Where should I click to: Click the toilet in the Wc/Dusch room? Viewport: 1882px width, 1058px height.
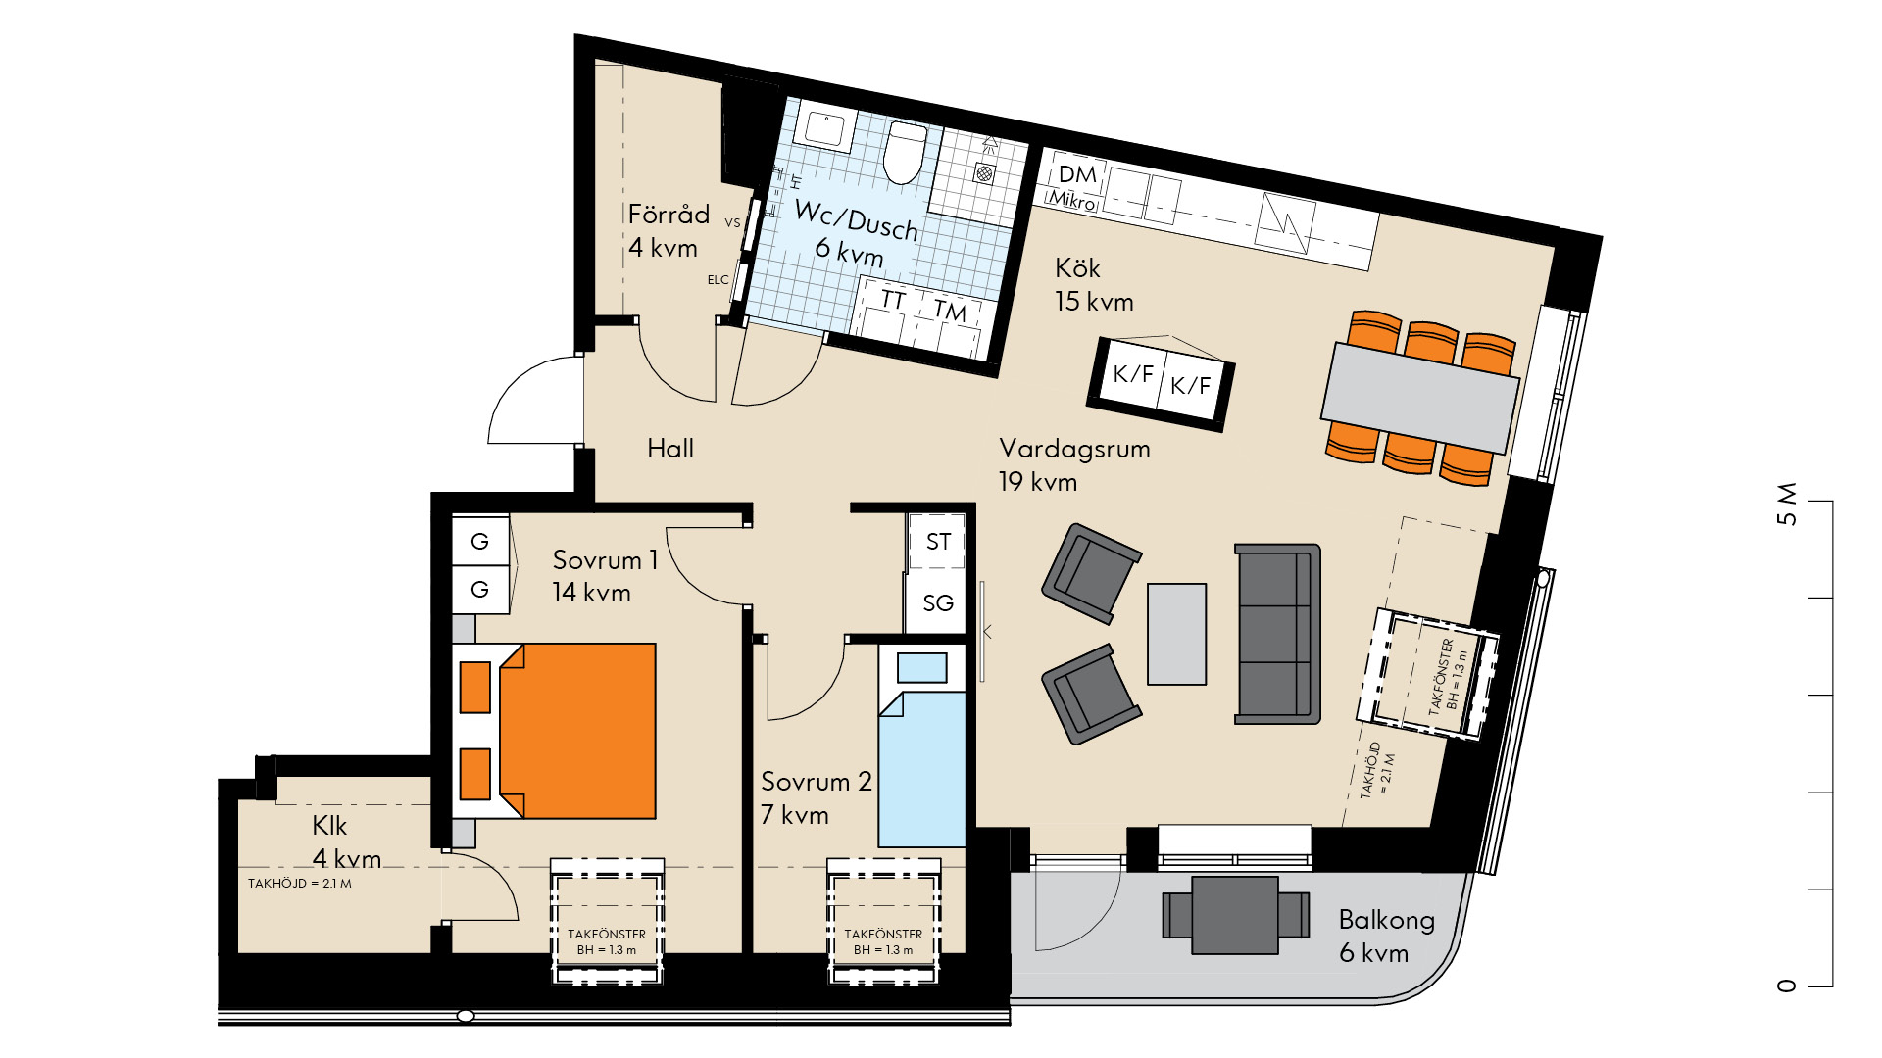(904, 152)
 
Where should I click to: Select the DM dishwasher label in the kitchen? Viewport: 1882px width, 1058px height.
(1077, 174)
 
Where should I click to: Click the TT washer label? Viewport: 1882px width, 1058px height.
(892, 299)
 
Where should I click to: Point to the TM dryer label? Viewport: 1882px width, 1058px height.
(949, 311)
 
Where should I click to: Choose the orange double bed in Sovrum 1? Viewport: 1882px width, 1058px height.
(577, 731)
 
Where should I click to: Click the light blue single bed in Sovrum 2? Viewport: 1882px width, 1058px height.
(921, 769)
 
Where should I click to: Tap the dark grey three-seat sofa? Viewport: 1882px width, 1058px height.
(1277, 634)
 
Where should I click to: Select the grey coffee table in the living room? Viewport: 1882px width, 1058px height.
(1176, 634)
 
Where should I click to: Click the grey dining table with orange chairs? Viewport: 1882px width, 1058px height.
(1419, 398)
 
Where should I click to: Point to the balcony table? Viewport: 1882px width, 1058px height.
(1235, 915)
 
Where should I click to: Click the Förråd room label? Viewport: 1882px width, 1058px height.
(669, 215)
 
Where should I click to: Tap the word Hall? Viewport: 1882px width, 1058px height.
(670, 449)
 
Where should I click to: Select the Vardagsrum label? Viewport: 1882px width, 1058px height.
(1074, 449)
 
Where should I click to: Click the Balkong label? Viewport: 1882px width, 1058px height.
(1386, 920)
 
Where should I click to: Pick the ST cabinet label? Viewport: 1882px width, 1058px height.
(938, 542)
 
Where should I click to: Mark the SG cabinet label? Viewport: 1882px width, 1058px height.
(938, 603)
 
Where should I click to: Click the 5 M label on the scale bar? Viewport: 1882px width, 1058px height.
(1787, 504)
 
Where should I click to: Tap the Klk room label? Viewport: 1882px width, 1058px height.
(329, 826)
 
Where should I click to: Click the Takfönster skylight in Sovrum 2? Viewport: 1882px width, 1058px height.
(883, 921)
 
